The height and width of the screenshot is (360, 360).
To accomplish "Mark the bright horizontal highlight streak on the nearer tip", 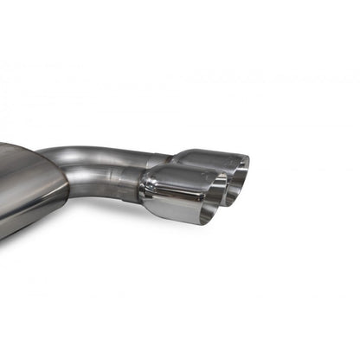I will [173, 183].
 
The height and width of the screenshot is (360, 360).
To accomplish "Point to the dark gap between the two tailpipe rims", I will [227, 186].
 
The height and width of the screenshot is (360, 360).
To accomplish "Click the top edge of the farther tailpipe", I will [208, 152].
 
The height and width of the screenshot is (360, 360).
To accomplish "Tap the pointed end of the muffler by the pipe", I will [65, 173].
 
